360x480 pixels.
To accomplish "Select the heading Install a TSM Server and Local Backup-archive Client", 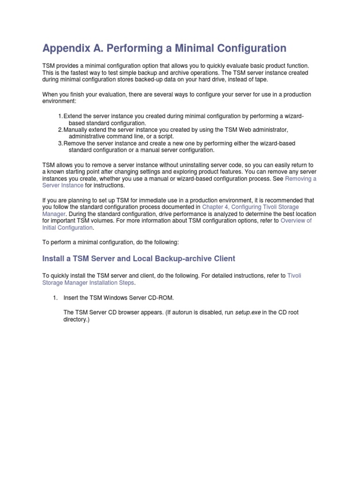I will point(139,258).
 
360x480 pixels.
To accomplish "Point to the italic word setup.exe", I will point(247,313).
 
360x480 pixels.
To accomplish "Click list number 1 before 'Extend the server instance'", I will point(60,116).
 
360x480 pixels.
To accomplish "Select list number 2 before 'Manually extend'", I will point(60,129).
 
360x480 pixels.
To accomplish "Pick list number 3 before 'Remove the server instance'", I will point(60,143).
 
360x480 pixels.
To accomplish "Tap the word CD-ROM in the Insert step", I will point(166,298).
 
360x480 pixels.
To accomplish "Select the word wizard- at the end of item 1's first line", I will point(293,116).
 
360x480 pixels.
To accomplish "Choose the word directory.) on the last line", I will point(76,320).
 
